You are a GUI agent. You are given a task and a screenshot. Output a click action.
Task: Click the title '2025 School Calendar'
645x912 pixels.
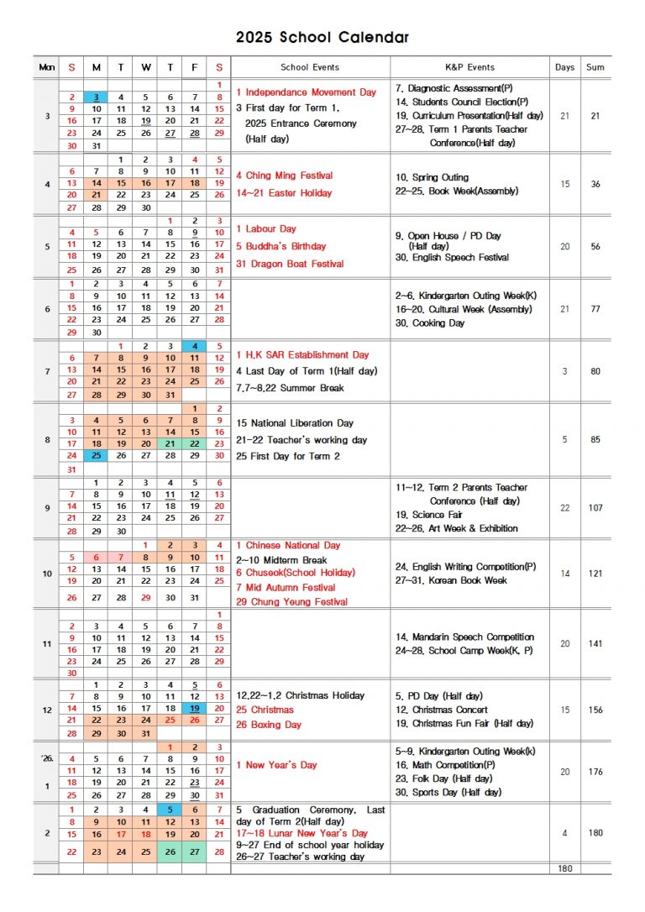[x=322, y=37]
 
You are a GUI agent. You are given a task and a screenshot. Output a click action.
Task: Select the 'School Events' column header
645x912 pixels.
[x=310, y=67]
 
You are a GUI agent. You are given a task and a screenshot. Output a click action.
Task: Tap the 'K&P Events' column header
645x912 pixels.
[x=469, y=67]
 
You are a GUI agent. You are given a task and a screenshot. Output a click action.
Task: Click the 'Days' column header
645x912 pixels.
[x=564, y=67]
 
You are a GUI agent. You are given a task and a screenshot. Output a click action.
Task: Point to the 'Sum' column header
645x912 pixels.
[x=595, y=67]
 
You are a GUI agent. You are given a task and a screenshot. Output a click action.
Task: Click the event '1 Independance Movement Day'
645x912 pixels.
[x=306, y=92]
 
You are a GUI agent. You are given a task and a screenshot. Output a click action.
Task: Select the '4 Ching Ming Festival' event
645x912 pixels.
[x=284, y=176]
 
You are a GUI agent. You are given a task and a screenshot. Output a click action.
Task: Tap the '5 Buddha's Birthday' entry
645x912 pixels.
[x=281, y=246]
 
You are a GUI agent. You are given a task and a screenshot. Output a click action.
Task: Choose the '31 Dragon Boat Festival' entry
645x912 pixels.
[x=290, y=264]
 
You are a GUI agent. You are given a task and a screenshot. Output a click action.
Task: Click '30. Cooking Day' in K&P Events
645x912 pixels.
[x=429, y=323]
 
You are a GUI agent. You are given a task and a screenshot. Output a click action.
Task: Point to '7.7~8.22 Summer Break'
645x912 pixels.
[x=290, y=388]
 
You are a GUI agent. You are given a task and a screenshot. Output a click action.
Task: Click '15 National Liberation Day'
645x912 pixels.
[x=295, y=423]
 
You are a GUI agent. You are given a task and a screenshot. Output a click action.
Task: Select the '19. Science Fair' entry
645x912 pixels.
[x=428, y=515]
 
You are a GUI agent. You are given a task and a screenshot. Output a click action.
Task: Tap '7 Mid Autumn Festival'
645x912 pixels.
[x=286, y=588]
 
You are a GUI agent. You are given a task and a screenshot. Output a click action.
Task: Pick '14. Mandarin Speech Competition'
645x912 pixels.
[x=464, y=637]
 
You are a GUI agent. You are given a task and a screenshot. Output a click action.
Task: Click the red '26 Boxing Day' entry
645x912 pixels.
[x=268, y=725]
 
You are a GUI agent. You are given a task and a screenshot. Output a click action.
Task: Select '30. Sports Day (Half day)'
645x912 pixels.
[x=448, y=792]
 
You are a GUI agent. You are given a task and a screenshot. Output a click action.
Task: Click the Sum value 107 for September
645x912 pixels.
[x=595, y=508]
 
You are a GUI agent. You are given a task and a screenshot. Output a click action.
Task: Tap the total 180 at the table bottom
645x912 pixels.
[x=564, y=868]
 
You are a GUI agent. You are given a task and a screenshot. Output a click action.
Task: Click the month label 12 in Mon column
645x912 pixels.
[x=46, y=710]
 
